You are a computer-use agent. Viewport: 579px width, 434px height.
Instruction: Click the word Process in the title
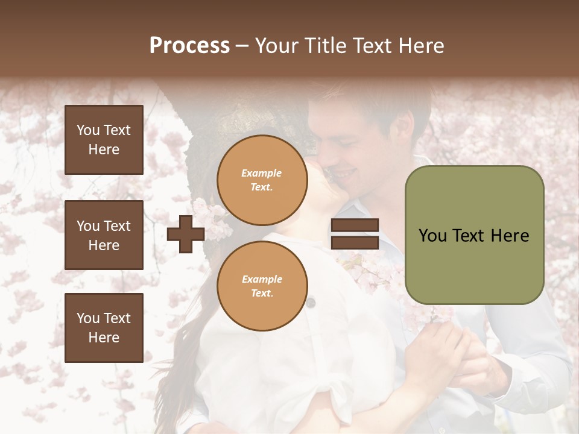coord(189,46)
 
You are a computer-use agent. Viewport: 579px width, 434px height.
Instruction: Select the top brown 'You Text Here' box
coord(104,140)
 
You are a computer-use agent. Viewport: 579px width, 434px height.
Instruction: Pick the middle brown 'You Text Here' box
coord(104,235)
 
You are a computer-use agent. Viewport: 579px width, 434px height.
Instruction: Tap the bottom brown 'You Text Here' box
coord(104,327)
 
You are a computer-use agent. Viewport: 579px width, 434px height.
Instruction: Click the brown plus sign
coord(186,234)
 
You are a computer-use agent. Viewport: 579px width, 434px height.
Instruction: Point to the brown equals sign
coord(355,234)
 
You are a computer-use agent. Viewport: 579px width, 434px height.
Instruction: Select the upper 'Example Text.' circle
coord(262,180)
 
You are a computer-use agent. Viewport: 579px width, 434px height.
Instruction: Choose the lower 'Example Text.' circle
coord(262,286)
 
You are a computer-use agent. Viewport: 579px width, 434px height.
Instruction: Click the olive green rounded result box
coord(474,235)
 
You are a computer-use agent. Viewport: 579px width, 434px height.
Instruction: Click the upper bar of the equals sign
coord(355,225)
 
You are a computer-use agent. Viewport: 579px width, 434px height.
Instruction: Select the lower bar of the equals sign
coord(355,242)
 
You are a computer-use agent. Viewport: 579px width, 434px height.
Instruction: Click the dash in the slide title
coord(242,46)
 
